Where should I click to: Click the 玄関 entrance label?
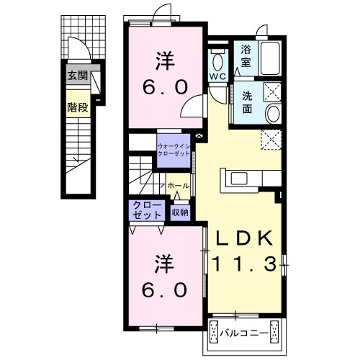tap(77, 76)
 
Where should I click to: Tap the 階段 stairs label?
tap(77, 107)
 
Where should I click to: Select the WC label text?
tap(217, 76)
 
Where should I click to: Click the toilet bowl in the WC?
tap(217, 61)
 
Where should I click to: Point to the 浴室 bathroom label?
tap(246, 56)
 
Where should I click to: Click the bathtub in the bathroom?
tap(270, 58)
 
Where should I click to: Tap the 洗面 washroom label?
tap(247, 102)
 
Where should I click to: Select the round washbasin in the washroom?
tap(273, 114)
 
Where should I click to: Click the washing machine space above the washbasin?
tap(272, 91)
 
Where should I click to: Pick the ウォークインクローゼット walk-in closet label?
tap(174, 150)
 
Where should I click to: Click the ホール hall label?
tap(178, 186)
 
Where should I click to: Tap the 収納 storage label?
tap(180, 212)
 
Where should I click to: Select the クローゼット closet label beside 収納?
tap(147, 210)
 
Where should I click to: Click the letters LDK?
tap(244, 238)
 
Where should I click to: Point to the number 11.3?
tap(245, 264)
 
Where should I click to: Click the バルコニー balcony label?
tap(244, 333)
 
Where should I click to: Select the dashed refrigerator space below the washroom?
tap(271, 140)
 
